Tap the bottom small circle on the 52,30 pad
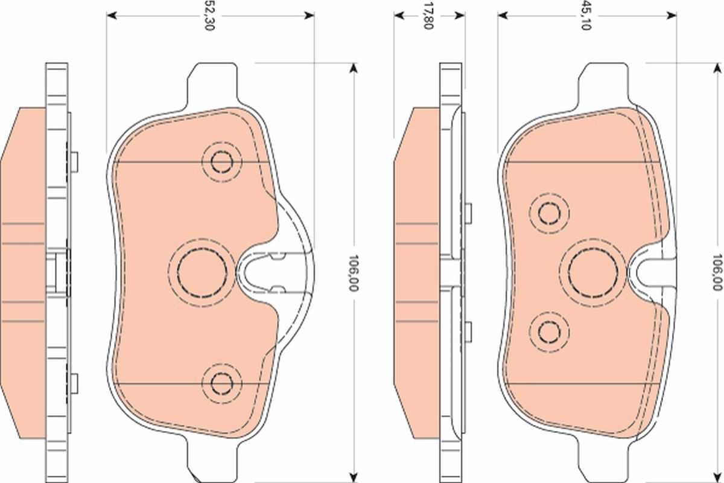click(x=221, y=382)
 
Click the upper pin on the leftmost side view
click(x=74, y=161)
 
